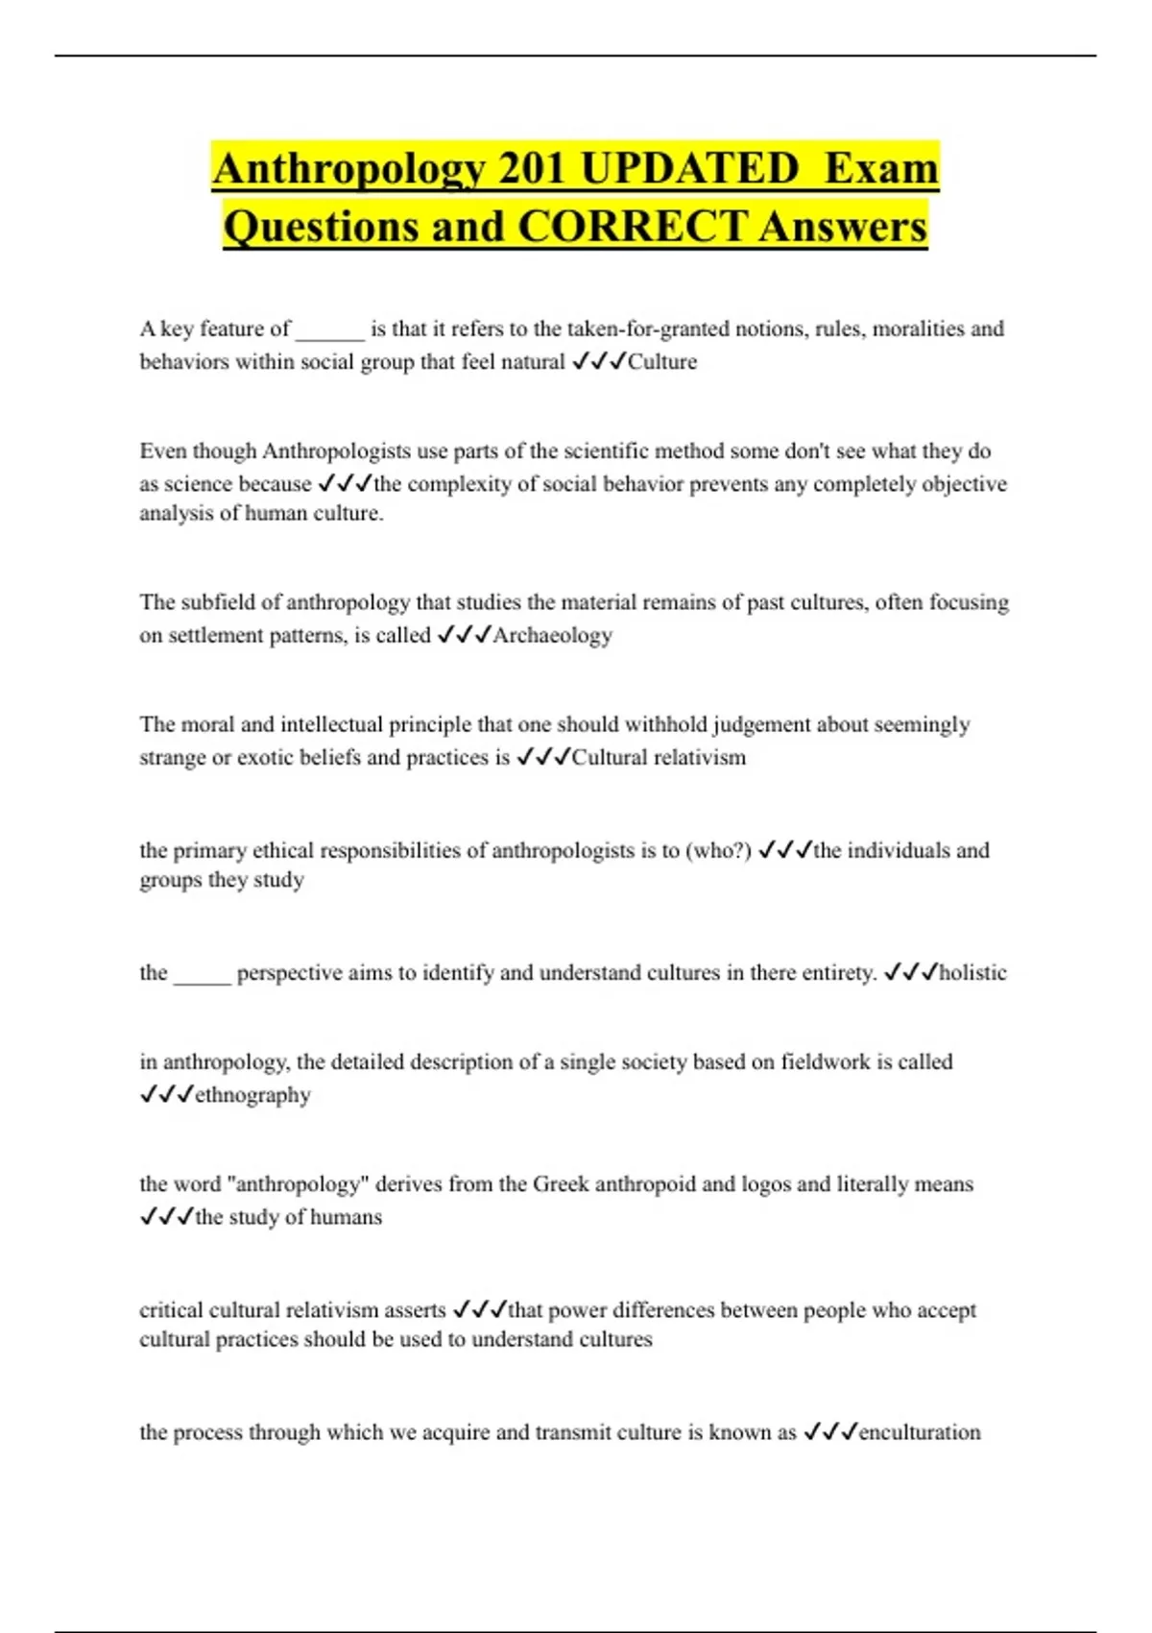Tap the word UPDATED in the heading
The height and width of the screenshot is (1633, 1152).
tap(689, 169)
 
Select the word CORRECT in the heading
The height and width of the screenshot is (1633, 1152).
tap(632, 227)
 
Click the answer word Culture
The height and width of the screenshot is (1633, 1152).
tap(662, 362)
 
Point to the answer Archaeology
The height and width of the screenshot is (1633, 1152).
tap(552, 635)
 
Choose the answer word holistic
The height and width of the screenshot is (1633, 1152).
tap(972, 972)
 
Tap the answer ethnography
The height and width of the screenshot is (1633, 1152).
tap(252, 1095)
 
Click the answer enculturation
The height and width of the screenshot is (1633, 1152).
tap(920, 1432)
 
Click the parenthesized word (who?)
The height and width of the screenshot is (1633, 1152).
tap(718, 850)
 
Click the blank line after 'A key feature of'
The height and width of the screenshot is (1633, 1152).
tap(330, 332)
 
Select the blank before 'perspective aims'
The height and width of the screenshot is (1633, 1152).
tap(202, 976)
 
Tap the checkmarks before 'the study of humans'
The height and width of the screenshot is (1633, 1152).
tap(167, 1217)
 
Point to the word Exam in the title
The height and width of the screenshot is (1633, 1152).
tap(881, 169)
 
